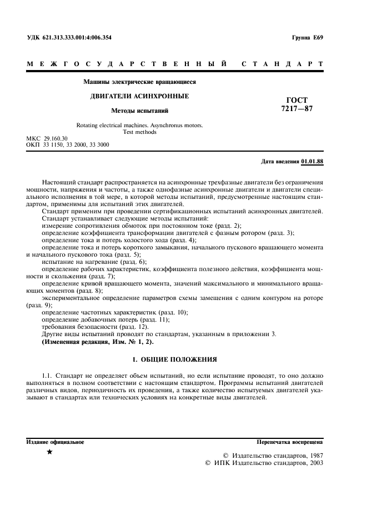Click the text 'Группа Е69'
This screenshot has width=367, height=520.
[306, 38]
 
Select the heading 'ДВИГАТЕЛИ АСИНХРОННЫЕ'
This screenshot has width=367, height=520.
[139, 96]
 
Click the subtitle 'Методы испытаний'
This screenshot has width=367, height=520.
[139, 111]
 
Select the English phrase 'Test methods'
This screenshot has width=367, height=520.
[139, 132]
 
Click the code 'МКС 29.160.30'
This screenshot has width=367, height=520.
[47, 138]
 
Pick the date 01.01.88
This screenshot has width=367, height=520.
[312, 162]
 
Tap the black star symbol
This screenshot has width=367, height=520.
[50, 453]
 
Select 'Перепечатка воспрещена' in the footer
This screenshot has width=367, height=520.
[290, 442]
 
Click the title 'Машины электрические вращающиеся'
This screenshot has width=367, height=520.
[139, 82]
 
